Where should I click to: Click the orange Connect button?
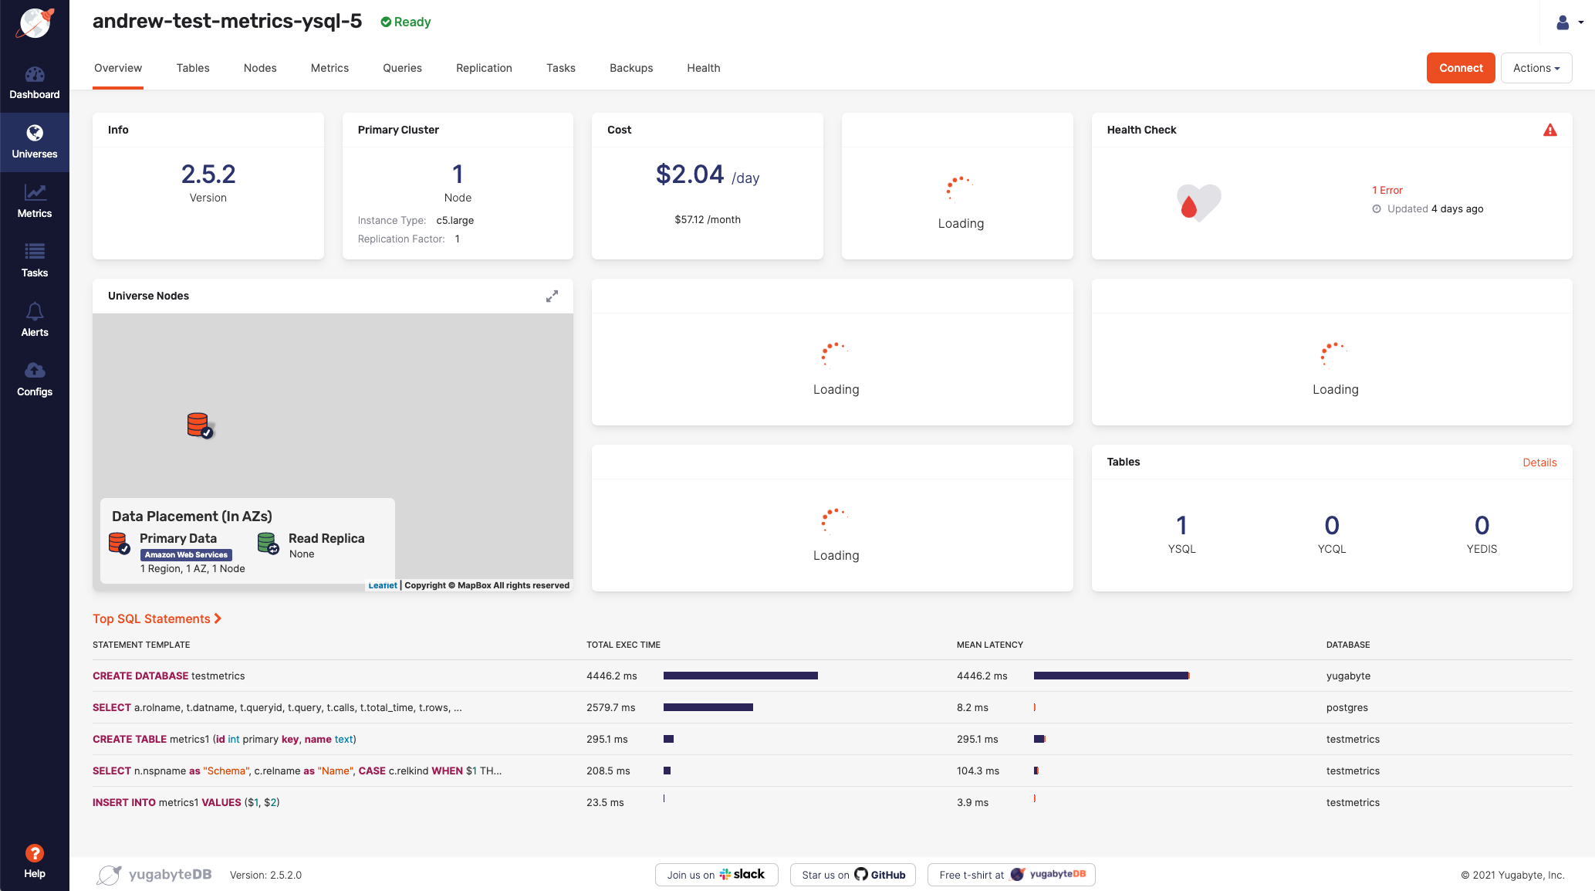tap(1460, 68)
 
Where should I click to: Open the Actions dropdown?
tap(1536, 68)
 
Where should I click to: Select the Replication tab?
tap(484, 68)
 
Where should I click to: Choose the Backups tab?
tap(630, 68)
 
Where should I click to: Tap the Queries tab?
tap(402, 68)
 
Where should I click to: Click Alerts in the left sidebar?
tap(35, 320)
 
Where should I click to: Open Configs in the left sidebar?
tap(35, 379)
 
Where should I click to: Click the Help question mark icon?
tap(35, 853)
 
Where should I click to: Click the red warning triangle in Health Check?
tap(1549, 130)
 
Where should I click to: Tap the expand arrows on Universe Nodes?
tap(552, 296)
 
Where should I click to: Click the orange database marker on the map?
tap(198, 425)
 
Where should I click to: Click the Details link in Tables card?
tap(1539, 462)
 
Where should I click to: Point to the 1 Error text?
tap(1387, 190)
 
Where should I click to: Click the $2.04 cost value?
tap(690, 174)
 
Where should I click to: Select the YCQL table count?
tap(1331, 526)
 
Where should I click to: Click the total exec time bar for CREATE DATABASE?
tap(740, 676)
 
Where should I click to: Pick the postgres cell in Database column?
tap(1347, 707)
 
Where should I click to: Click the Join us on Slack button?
tap(716, 875)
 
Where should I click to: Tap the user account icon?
tap(1563, 23)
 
